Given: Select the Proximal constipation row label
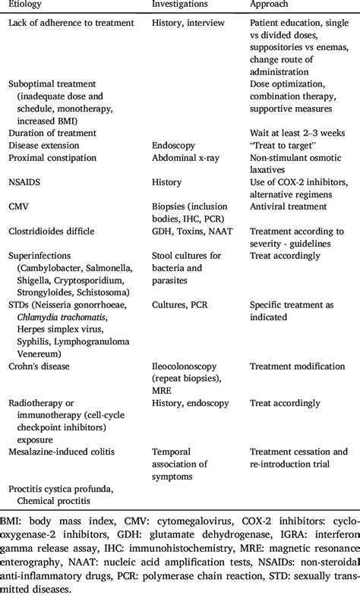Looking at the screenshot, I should coord(52,158).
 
